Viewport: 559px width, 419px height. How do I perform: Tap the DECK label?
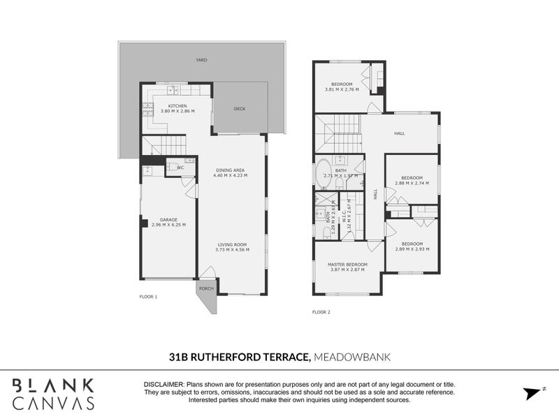click(240, 108)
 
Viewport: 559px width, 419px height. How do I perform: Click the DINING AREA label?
click(231, 170)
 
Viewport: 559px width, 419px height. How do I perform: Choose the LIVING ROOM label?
click(231, 244)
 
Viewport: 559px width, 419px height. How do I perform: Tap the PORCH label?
click(206, 288)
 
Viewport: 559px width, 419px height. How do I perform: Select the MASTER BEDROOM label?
click(347, 264)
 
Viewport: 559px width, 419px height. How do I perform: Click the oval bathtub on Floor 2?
click(324, 174)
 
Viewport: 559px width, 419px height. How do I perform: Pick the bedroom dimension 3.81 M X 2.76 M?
click(342, 89)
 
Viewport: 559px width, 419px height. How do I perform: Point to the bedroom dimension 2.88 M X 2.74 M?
click(412, 183)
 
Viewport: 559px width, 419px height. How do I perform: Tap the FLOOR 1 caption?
click(148, 297)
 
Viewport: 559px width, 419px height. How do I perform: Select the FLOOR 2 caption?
click(321, 311)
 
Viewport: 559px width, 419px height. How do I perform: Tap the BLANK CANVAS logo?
click(52, 393)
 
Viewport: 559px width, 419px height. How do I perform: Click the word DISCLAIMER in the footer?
click(163, 385)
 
